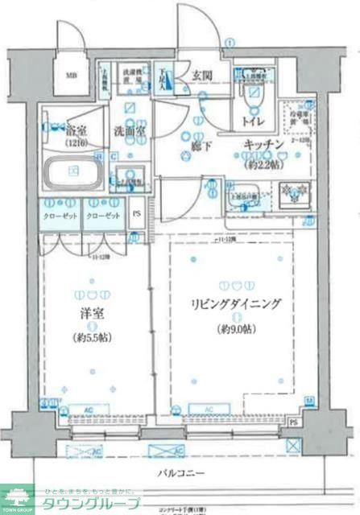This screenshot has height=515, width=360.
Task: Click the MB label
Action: click(71, 77)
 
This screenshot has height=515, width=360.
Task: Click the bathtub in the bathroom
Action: click(72, 171)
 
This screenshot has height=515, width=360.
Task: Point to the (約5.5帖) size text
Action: click(92, 337)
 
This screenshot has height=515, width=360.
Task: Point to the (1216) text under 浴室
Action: click(77, 142)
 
